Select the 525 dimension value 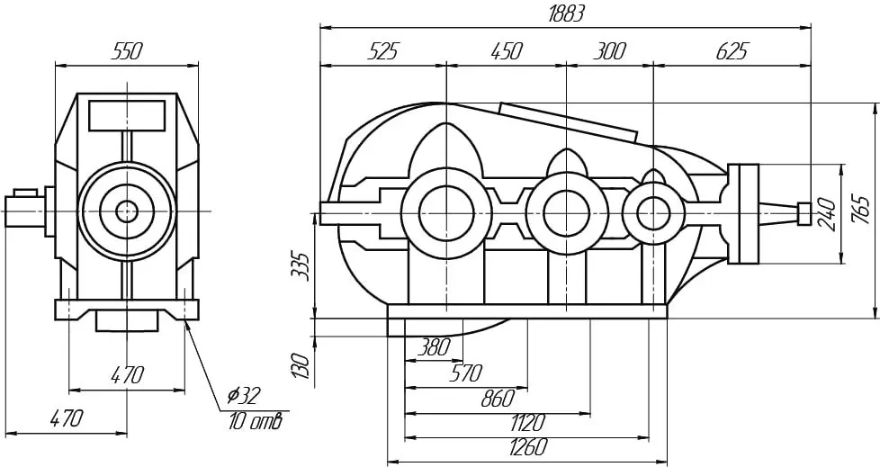(x=382, y=51)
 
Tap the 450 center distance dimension (x=506, y=51)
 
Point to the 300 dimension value (x=609, y=51)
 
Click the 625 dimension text (x=732, y=51)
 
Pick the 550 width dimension (x=128, y=51)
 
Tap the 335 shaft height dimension (x=301, y=265)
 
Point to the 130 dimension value (x=301, y=366)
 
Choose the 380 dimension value (x=434, y=348)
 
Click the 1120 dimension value (x=527, y=421)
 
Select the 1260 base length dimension (x=527, y=447)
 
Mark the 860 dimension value (x=498, y=398)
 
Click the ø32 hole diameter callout (x=244, y=396)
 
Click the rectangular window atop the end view (x=127, y=116)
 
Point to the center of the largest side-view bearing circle (x=446, y=212)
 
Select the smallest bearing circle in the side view (x=653, y=213)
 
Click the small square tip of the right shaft (x=804, y=213)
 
